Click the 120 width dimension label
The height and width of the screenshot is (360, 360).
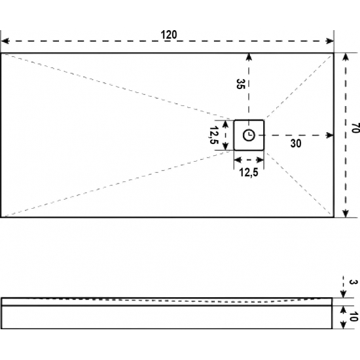click(169, 35)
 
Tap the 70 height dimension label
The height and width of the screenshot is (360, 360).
click(355, 128)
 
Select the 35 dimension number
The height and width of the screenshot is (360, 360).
click(241, 84)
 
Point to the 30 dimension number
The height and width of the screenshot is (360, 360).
click(296, 143)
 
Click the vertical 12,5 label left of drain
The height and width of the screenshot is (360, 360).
click(213, 135)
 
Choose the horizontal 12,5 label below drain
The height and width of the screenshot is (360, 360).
click(249, 172)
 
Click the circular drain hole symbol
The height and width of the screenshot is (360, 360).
click(249, 135)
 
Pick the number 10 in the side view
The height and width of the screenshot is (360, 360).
click(353, 317)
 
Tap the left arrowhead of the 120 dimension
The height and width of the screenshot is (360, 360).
click(5, 41)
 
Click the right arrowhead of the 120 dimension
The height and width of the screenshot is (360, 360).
click(330, 41)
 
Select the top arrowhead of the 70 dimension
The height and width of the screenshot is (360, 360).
click(346, 57)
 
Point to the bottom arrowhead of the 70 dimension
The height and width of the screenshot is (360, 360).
click(346, 213)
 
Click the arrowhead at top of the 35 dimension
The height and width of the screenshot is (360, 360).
click(249, 57)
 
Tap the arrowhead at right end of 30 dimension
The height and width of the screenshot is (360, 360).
click(330, 135)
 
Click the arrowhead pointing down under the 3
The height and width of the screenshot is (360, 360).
click(343, 295)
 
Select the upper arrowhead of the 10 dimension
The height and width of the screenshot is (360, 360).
click(343, 310)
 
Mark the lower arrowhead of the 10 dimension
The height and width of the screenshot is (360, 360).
click(343, 325)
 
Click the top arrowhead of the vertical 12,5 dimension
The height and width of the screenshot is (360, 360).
click(226, 124)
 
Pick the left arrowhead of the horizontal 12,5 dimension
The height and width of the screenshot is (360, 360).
click(238, 160)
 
